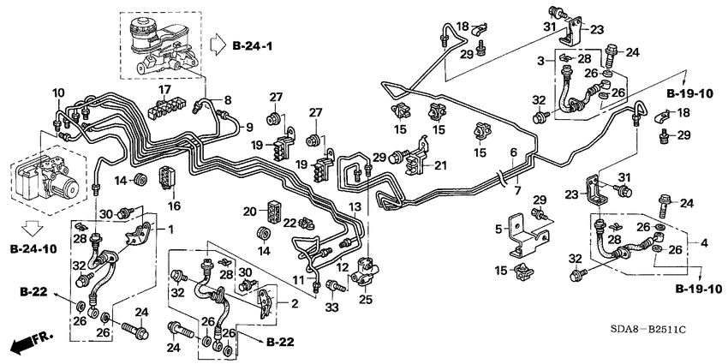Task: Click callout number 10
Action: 58,92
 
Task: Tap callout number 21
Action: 441,164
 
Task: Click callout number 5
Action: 498,229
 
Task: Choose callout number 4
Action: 704,243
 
